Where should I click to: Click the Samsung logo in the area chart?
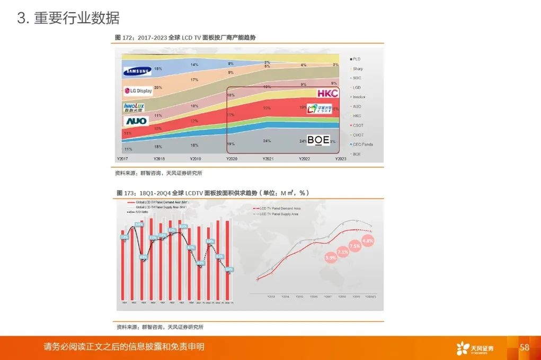click(x=137, y=71)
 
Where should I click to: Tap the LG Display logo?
click(x=138, y=91)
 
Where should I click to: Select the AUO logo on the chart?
click(x=136, y=121)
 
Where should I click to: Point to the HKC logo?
click(x=327, y=94)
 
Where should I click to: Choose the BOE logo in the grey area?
click(x=318, y=140)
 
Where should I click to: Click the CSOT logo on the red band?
click(x=320, y=109)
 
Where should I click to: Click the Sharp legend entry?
click(x=358, y=69)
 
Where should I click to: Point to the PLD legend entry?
click(x=357, y=59)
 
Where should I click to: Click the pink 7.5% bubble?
click(x=354, y=246)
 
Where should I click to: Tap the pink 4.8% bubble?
click(x=368, y=240)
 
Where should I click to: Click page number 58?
click(x=525, y=347)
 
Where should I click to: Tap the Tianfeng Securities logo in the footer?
click(x=475, y=348)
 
